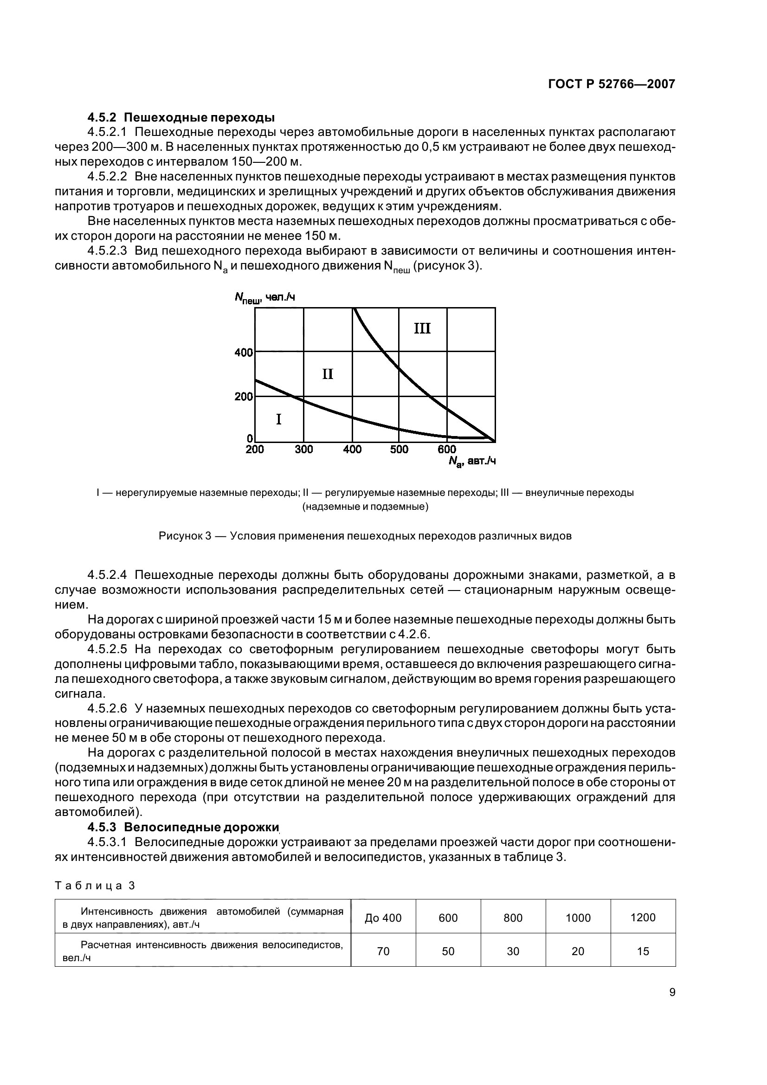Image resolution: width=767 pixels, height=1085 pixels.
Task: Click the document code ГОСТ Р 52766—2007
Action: click(x=611, y=84)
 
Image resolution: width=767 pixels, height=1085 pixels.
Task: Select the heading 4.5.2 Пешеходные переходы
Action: click(x=181, y=117)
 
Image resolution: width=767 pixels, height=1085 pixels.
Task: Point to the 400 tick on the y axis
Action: click(x=244, y=353)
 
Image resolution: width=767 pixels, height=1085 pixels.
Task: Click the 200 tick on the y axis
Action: click(x=244, y=397)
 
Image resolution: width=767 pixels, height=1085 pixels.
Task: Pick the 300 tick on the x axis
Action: click(x=304, y=449)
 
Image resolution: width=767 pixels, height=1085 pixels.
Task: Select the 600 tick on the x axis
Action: click(x=446, y=449)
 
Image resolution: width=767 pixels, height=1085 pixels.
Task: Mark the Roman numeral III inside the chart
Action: click(x=422, y=328)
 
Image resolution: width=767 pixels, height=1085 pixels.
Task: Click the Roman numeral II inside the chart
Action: click(x=328, y=374)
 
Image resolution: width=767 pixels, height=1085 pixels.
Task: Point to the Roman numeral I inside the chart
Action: click(x=278, y=419)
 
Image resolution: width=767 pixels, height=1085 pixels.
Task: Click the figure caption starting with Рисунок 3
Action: click(x=365, y=536)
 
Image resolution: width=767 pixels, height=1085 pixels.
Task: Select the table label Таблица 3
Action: click(x=95, y=886)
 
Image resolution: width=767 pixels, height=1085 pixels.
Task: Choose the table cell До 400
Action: click(x=383, y=918)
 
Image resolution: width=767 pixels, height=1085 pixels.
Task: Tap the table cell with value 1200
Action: click(x=643, y=918)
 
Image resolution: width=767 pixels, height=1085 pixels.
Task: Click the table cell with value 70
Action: click(x=383, y=951)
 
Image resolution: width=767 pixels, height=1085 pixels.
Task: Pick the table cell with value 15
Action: click(x=643, y=951)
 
